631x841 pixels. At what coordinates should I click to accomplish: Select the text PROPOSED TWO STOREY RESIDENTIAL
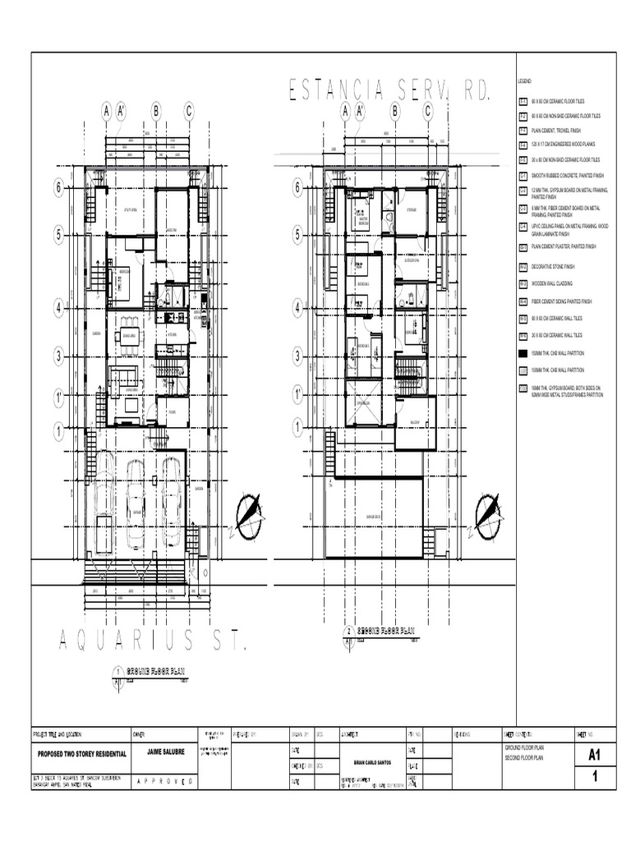point(80,753)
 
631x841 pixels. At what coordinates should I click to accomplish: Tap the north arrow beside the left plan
point(248,514)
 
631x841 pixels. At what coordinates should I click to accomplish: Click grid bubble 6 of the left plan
point(58,189)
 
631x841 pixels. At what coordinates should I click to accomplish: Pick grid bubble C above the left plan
point(189,111)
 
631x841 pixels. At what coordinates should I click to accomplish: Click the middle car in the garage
point(136,497)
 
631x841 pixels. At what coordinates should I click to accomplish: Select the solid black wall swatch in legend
point(523,354)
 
